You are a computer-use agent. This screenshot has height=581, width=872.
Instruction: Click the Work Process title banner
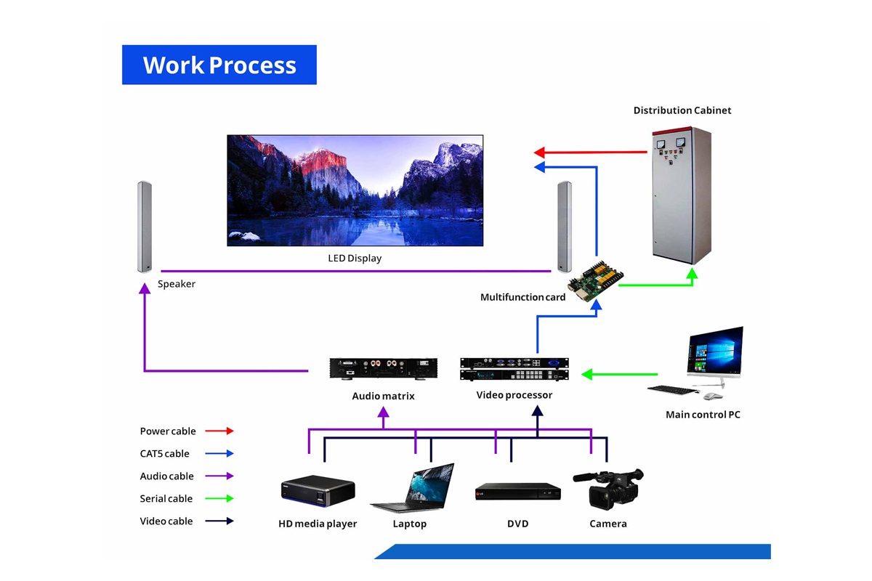click(x=219, y=65)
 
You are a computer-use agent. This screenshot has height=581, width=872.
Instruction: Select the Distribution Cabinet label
click(x=682, y=110)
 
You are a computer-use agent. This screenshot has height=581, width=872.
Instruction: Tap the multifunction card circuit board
click(x=595, y=279)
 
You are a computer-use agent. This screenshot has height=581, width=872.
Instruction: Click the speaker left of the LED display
click(x=144, y=227)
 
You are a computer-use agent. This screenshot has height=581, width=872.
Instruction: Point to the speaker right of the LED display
click(x=564, y=226)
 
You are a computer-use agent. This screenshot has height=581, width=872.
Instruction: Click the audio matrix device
click(x=383, y=369)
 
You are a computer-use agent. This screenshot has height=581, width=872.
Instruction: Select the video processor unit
click(x=512, y=369)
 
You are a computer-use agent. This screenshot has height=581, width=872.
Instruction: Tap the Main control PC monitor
click(x=714, y=352)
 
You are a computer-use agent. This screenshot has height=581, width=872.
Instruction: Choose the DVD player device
click(x=517, y=491)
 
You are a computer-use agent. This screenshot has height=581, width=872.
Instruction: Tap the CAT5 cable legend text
click(x=164, y=454)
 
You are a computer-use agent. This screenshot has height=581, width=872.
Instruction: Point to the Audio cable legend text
click(x=166, y=476)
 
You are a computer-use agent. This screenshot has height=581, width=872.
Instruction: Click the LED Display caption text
click(x=355, y=259)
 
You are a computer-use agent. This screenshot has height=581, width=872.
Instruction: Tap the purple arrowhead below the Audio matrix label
click(x=384, y=413)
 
